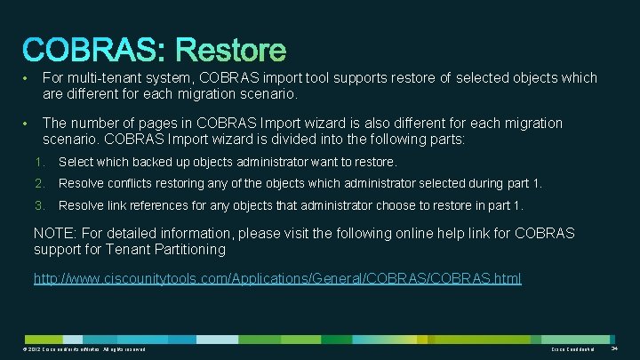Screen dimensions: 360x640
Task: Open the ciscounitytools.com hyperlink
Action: click(x=277, y=278)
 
